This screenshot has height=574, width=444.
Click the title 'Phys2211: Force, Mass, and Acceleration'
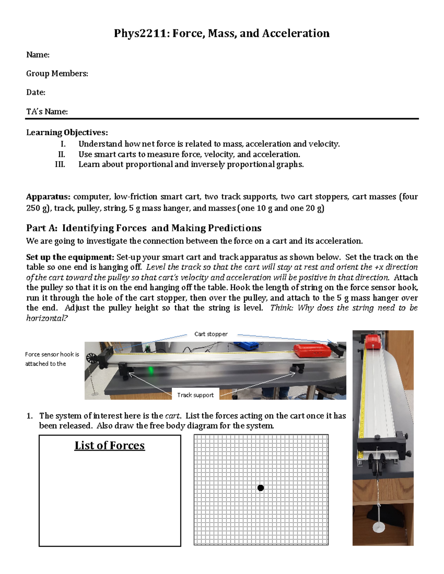[222, 33]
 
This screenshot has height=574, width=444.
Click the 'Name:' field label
[38, 55]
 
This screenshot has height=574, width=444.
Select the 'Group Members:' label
[57, 74]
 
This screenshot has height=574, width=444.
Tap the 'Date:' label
[36, 92]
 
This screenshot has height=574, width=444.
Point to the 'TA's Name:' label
[47, 112]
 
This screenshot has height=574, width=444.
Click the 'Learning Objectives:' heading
[67, 132]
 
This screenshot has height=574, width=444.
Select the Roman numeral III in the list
[60, 164]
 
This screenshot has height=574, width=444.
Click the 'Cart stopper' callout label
[211, 334]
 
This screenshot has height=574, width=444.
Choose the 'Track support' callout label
[195, 395]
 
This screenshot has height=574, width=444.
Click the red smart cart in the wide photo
[312, 350]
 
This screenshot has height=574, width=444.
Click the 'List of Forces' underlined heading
[110, 445]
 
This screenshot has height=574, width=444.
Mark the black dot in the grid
[260, 488]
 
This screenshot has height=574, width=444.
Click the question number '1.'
[30, 416]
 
